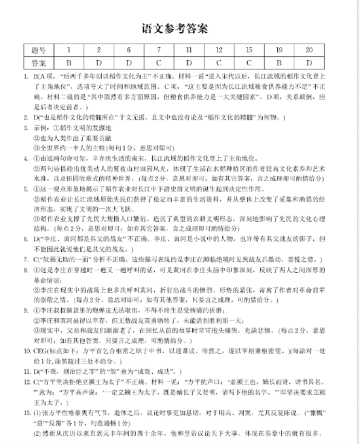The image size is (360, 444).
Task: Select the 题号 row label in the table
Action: click(x=38, y=50)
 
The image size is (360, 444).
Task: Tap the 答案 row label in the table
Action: click(x=38, y=63)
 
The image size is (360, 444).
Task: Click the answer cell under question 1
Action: click(x=68, y=63)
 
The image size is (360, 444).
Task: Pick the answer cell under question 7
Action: click(x=158, y=63)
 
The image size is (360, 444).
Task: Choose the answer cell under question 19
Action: click(x=279, y=63)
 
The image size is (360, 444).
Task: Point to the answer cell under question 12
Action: click(x=219, y=63)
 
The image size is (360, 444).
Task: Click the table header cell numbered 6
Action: click(x=128, y=50)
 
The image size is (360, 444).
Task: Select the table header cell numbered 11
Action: click(x=189, y=50)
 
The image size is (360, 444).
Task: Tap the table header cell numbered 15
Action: click(x=249, y=50)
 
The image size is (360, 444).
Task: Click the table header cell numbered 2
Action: click(x=98, y=50)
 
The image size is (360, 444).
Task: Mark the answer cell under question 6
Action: click(x=128, y=63)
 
